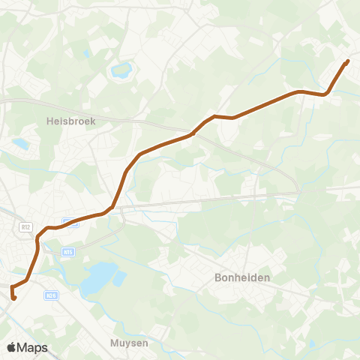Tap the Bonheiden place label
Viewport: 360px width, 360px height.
click(x=242, y=277)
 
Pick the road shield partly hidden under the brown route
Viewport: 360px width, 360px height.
click(x=70, y=221)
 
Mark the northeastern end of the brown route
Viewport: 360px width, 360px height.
click(x=347, y=61)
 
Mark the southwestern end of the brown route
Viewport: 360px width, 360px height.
click(x=14, y=299)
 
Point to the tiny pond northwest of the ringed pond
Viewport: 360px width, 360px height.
click(x=88, y=53)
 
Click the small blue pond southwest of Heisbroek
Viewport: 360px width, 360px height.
click(x=20, y=142)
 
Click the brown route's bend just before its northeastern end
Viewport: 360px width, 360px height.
click(x=325, y=94)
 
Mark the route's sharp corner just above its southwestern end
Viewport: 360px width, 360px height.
click(x=11, y=287)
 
